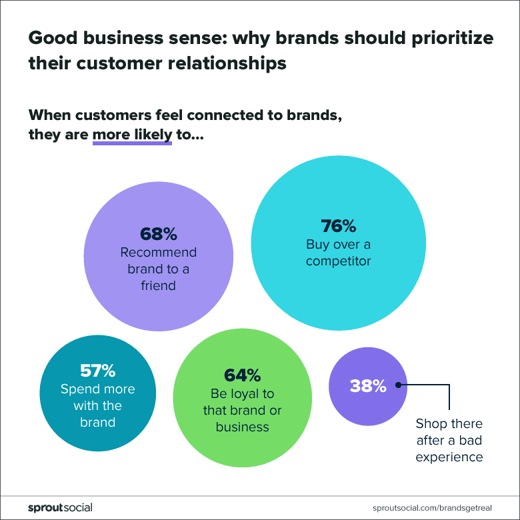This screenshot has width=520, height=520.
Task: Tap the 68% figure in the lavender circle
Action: click(x=159, y=234)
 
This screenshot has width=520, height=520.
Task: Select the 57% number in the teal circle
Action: click(x=97, y=370)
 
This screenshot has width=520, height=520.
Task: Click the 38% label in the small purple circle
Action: click(x=367, y=385)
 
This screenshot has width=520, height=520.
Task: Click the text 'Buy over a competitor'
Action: click(x=338, y=253)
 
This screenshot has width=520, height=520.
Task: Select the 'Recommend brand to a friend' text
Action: click(x=159, y=269)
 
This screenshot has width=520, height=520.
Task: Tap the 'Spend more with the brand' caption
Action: click(x=97, y=405)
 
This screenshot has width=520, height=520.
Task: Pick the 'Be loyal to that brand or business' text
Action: click(x=242, y=410)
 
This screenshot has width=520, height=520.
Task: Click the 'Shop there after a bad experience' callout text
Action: click(x=449, y=440)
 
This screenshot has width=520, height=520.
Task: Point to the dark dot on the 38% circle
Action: click(x=398, y=385)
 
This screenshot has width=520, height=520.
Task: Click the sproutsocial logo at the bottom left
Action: click(x=60, y=507)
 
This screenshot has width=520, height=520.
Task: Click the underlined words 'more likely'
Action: click(x=132, y=133)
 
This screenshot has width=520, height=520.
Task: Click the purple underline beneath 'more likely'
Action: click(x=132, y=143)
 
